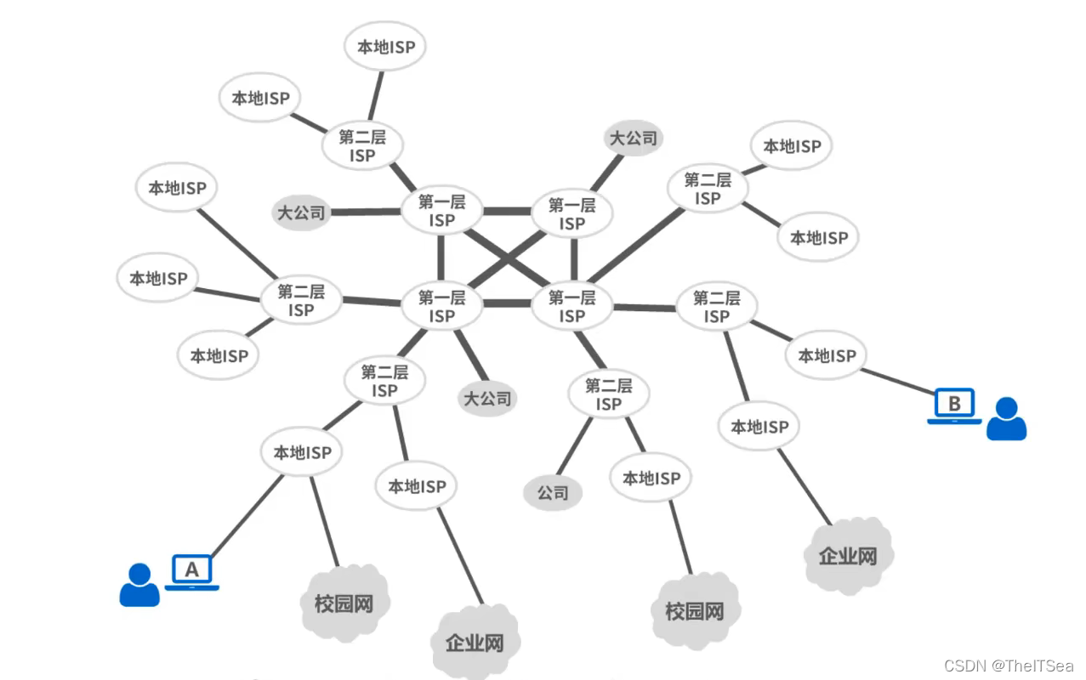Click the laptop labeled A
[191, 570]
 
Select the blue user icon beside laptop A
[139, 585]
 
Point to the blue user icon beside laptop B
[1006, 418]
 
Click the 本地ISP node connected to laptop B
[827, 356]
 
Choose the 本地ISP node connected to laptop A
[302, 453]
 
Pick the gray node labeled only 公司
[553, 493]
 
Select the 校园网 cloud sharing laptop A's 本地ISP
[344, 604]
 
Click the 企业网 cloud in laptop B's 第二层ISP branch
[847, 556]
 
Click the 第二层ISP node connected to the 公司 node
[608, 394]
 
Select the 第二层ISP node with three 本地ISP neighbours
[300, 300]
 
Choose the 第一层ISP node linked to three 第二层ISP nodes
[572, 306]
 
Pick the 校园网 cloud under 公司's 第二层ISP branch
[695, 610]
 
